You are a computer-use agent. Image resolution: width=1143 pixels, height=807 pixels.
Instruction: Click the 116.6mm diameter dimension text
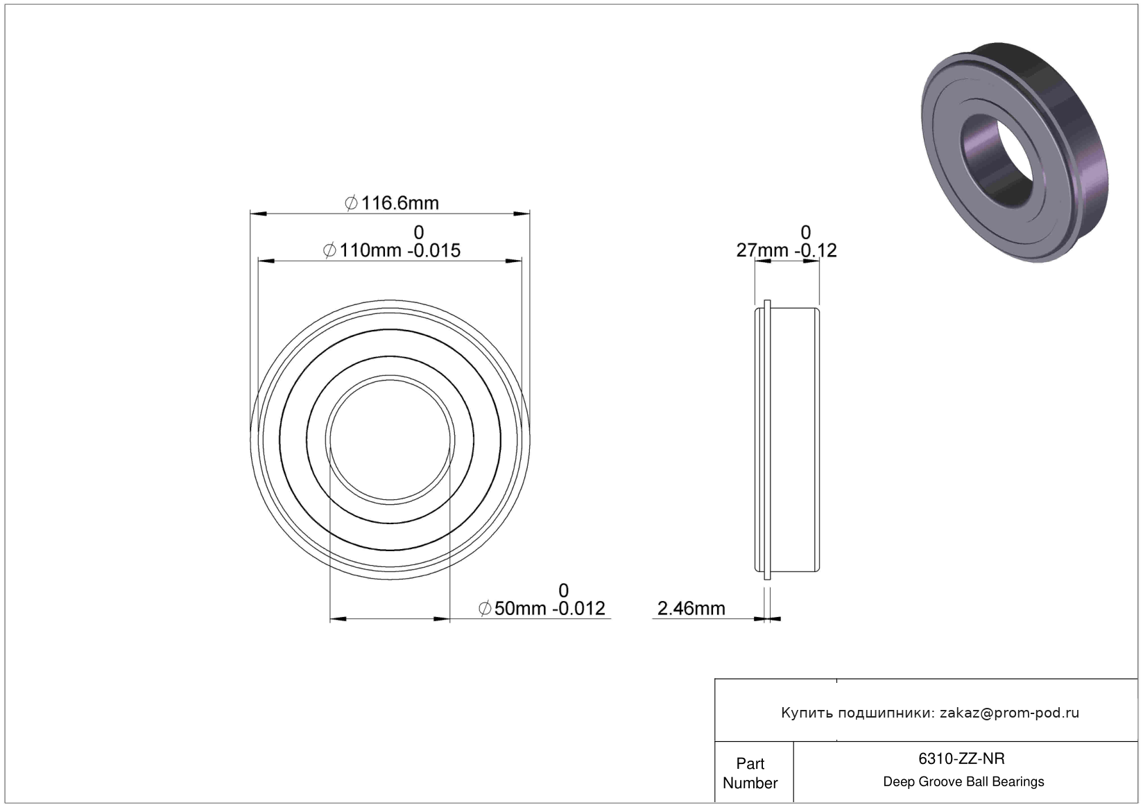400,204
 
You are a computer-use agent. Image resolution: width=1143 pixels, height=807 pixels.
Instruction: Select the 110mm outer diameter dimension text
370,250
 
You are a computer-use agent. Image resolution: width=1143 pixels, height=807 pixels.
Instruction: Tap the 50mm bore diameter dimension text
523,609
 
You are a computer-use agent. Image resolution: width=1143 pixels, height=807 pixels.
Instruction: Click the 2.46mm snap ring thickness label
691,609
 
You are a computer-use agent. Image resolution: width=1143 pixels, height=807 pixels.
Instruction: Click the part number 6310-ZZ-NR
961,759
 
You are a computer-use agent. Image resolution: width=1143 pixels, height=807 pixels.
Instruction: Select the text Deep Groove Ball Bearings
963,781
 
